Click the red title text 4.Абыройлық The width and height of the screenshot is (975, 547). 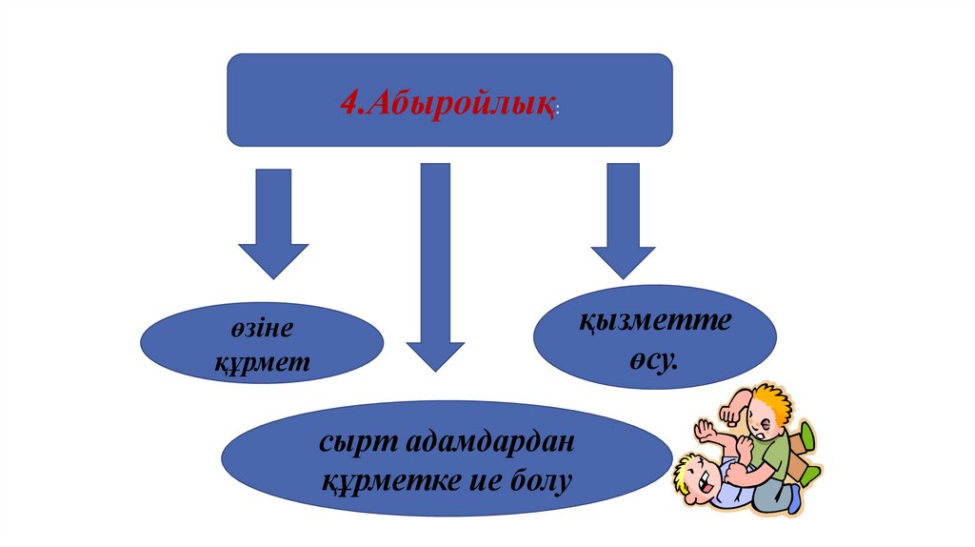448,101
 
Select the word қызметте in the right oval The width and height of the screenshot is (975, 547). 655,321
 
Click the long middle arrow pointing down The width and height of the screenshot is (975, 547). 435,267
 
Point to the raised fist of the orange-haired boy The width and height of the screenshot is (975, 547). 731,413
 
